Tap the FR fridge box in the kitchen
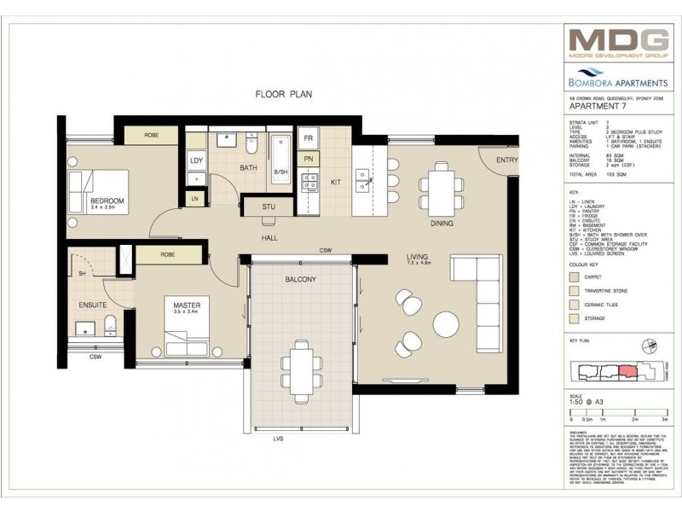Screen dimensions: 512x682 [309, 138]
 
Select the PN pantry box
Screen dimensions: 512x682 [309, 159]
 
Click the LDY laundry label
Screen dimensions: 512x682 [196, 160]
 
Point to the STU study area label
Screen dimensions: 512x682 [269, 206]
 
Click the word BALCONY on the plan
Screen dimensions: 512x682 [301, 279]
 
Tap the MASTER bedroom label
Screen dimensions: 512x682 [186, 305]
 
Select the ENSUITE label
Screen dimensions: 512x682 [94, 304]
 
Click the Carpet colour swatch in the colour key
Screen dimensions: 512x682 [576, 276]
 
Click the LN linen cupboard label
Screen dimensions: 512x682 [194, 199]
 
